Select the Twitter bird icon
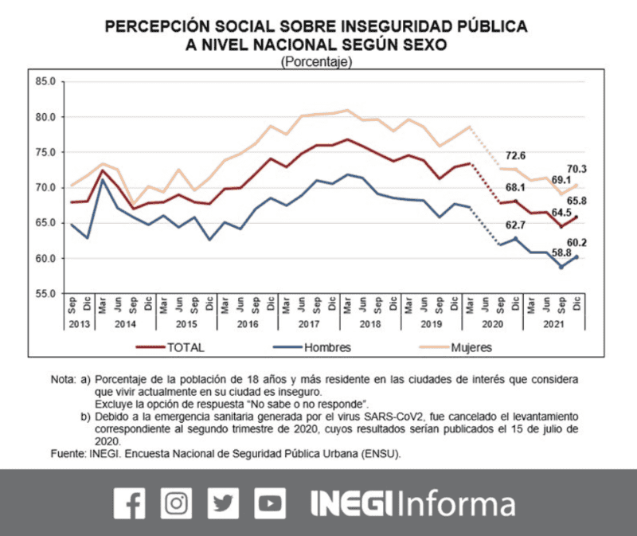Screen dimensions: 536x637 pyautogui.click(x=224, y=503)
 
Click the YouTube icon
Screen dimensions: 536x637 pyautogui.click(x=271, y=503)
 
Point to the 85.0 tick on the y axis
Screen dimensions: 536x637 pyautogui.click(x=45, y=82)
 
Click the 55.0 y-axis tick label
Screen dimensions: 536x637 pyautogui.click(x=45, y=294)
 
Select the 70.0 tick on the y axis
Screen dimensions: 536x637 pyautogui.click(x=45, y=188)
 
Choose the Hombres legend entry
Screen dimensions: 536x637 pyautogui.click(x=327, y=347)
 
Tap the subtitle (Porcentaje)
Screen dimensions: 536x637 pyautogui.click(x=317, y=62)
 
